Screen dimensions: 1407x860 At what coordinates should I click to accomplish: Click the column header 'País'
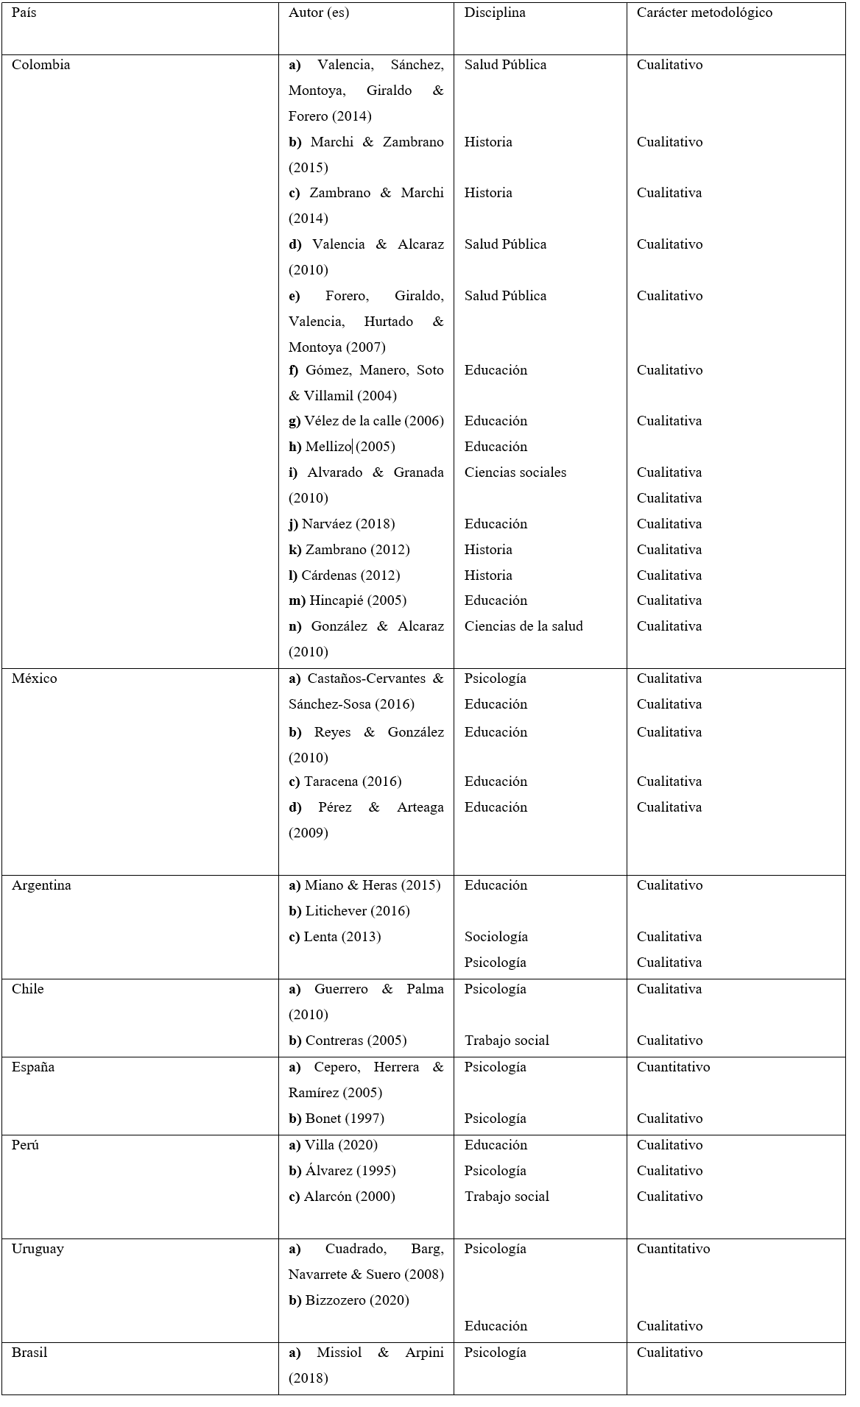pyautogui.click(x=24, y=13)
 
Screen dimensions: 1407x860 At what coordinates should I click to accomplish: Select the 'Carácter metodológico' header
pyautogui.click(x=704, y=13)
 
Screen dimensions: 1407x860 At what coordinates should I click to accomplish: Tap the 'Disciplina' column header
pyautogui.click(x=494, y=13)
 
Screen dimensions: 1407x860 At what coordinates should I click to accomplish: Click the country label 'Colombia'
pyautogui.click(x=41, y=65)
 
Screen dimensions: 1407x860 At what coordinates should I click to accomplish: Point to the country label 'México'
pyautogui.click(x=35, y=678)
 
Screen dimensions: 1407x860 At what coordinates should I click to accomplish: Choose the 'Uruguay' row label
pyautogui.click(x=38, y=1249)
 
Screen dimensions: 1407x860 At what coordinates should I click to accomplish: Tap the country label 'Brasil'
pyautogui.click(x=29, y=1353)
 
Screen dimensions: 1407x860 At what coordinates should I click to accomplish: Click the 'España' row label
pyautogui.click(x=33, y=1067)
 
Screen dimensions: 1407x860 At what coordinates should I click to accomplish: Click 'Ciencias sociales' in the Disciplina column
pyautogui.click(x=515, y=472)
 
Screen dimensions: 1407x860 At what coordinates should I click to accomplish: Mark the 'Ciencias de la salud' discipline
pyautogui.click(x=524, y=626)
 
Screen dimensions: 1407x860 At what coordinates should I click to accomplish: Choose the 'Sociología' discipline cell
pyautogui.click(x=496, y=937)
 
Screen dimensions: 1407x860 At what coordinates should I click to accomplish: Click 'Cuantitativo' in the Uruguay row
pyautogui.click(x=673, y=1249)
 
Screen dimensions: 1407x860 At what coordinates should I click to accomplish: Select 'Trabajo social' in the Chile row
pyautogui.click(x=507, y=1041)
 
